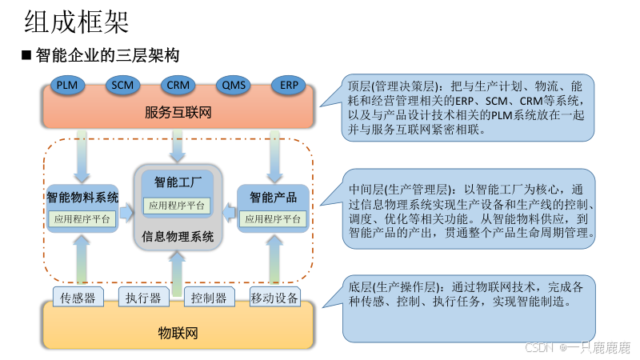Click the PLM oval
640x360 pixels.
tap(66, 85)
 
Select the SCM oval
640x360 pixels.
tap(122, 85)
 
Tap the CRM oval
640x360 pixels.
tap(178, 85)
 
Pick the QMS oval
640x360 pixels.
tap(234, 85)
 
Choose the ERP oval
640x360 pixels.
tap(288, 85)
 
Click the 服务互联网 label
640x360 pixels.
tap(178, 112)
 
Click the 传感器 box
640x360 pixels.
tap(78, 298)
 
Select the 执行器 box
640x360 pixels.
tap(144, 298)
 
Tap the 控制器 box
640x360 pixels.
tap(209, 298)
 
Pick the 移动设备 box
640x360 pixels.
tap(274, 298)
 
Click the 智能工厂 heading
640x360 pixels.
tap(178, 181)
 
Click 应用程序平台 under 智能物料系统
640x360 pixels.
tap(82, 218)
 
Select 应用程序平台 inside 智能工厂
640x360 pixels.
tap(178, 206)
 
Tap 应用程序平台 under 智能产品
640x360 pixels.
tap(274, 218)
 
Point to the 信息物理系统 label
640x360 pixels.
tap(178, 236)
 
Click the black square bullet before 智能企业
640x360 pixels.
tap(26, 55)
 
